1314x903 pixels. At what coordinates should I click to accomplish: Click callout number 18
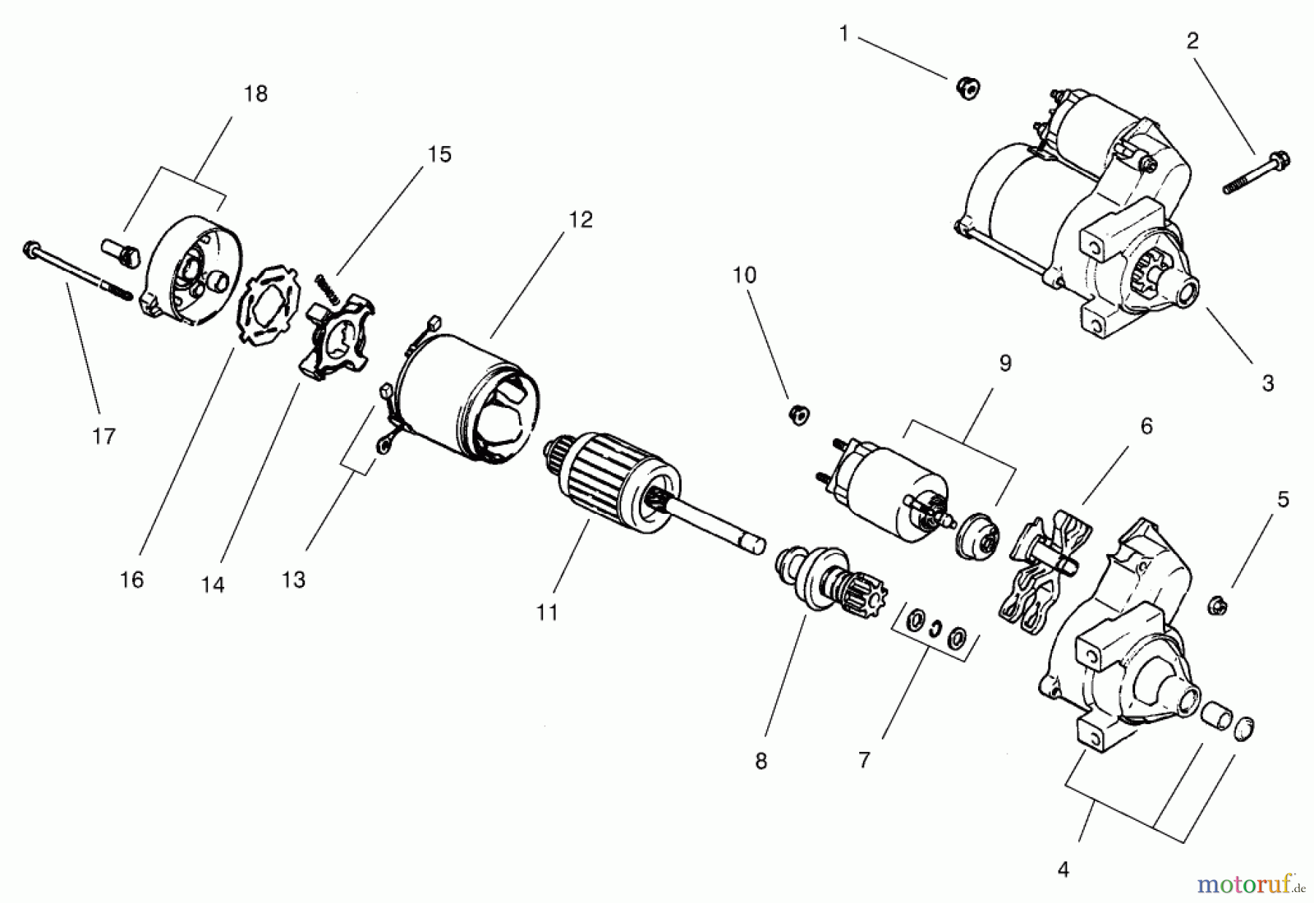tap(256, 94)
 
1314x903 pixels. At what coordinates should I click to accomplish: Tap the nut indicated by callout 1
tap(968, 89)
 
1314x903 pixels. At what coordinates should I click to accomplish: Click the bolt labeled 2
tap(1256, 174)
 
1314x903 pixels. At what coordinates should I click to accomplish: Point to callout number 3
tap(1267, 383)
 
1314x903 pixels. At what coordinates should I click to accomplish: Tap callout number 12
tap(581, 220)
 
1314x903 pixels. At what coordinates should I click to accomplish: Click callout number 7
tap(864, 761)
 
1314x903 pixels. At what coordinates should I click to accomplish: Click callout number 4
tap(1063, 869)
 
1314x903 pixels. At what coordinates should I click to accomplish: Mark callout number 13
tap(293, 580)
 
